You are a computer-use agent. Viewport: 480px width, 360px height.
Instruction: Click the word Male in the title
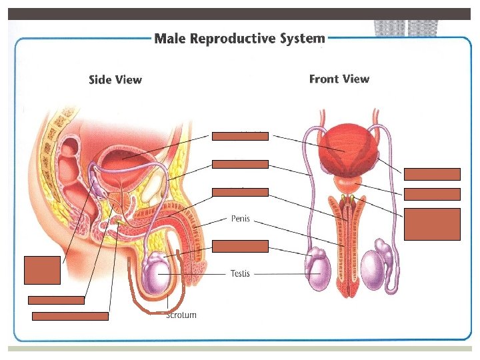170,38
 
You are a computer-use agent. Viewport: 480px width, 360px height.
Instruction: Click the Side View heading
115,80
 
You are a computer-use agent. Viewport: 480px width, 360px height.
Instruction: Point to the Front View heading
339,79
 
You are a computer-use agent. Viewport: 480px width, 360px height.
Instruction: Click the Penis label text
240,218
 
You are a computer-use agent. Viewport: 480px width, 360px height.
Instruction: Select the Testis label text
240,273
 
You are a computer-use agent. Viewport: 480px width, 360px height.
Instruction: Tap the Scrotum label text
181,315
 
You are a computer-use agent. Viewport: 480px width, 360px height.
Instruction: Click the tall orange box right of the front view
431,223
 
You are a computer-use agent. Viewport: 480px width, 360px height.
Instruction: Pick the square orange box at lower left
41,269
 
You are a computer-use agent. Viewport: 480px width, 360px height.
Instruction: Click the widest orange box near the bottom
70,315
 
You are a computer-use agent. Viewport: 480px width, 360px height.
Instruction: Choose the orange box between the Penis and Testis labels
240,246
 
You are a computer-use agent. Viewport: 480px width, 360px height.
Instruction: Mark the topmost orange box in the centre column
240,136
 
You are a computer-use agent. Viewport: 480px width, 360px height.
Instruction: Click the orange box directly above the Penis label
240,192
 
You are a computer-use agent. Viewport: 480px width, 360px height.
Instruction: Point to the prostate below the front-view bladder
345,182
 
